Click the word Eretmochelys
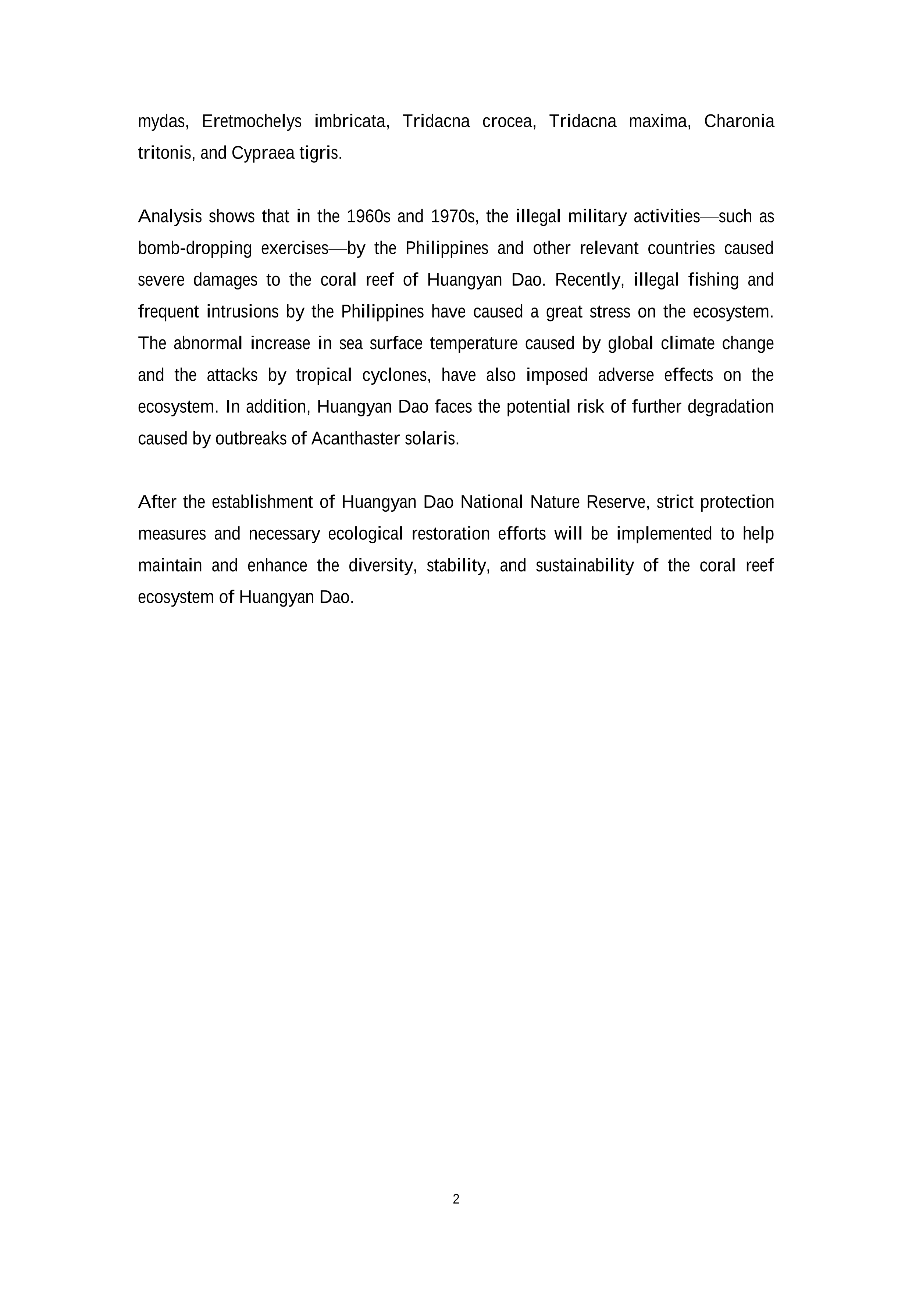pyautogui.click(x=251, y=121)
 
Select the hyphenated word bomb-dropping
pyautogui.click(x=195, y=248)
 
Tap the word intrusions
pyautogui.click(x=243, y=312)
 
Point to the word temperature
pyautogui.click(x=473, y=343)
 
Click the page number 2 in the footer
pyautogui.click(x=456, y=1199)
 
